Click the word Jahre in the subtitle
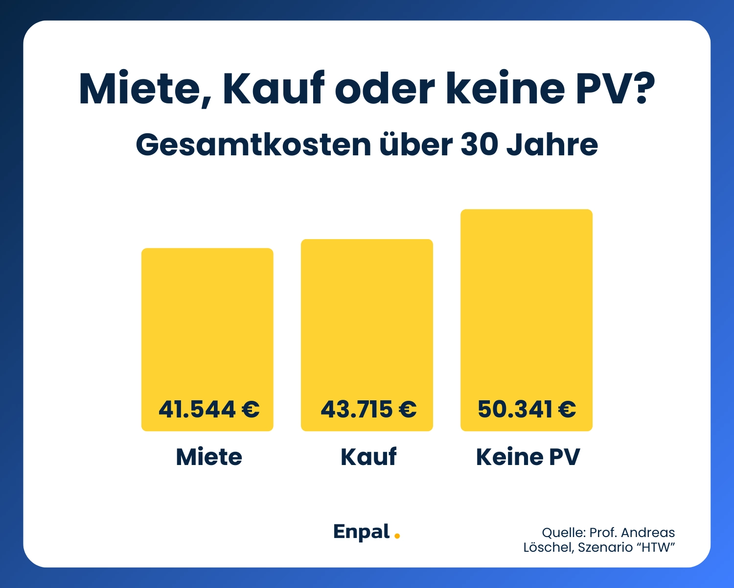click(552, 145)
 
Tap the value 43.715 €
click(368, 409)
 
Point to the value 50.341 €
click(527, 409)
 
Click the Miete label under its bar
click(209, 457)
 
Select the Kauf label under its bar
click(368, 457)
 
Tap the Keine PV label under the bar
click(528, 457)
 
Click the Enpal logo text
click(361, 532)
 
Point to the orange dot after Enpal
click(397, 536)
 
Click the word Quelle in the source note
click(563, 533)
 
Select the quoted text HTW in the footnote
click(656, 547)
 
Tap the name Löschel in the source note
click(548, 547)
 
